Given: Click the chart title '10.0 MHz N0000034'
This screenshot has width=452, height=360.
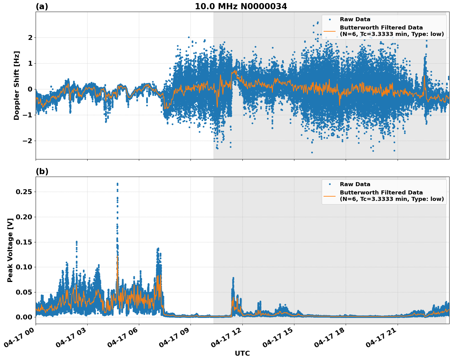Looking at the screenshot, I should [x=241, y=6].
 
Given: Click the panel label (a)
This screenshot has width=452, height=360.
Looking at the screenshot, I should [x=42, y=6].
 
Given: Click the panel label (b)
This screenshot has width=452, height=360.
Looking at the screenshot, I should [x=42, y=171].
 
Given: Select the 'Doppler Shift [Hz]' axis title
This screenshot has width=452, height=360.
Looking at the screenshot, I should [x=17, y=85].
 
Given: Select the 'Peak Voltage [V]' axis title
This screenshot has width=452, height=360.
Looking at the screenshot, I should [x=10, y=250].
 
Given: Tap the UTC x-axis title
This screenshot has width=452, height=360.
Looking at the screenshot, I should [x=242, y=353].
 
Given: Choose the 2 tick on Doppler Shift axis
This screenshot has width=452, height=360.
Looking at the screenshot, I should [x=30, y=37].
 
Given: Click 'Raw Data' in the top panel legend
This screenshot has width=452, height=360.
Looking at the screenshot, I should [x=355, y=19].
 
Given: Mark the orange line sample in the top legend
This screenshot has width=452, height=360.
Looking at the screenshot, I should [x=330, y=31].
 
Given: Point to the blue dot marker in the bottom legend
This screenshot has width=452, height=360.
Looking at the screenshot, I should [x=330, y=184].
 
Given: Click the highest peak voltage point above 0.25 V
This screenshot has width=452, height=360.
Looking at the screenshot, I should [x=117, y=184].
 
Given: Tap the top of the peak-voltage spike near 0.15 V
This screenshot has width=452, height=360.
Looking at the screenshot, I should [x=77, y=242].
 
